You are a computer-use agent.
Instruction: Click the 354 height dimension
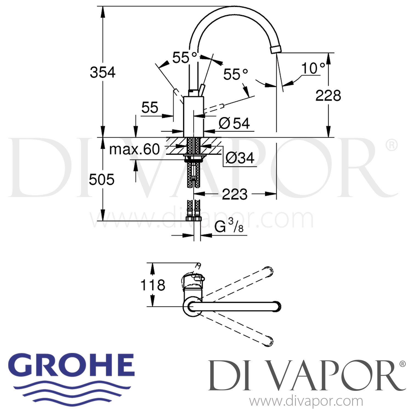coord(103,73)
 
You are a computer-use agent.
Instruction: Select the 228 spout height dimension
coord(328,96)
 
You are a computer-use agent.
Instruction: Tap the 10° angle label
coord(313,68)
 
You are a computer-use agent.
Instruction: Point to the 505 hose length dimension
coord(101,180)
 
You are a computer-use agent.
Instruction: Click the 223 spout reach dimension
coord(235,194)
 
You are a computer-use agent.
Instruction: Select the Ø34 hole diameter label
coord(240,158)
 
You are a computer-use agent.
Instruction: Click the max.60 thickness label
coord(134,149)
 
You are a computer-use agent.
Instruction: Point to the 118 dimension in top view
coord(153,285)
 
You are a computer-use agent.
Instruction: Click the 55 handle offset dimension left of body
coord(150,107)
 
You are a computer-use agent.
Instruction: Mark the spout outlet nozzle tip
coord(276,49)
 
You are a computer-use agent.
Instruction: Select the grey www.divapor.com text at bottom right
coord(306,401)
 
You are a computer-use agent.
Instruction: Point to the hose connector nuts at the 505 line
coord(194,219)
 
